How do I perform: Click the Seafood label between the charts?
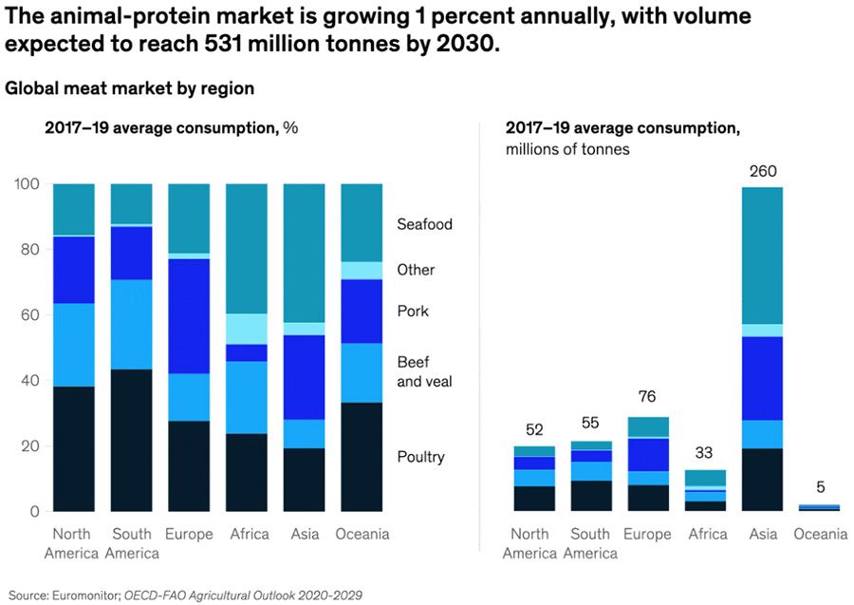click(x=424, y=225)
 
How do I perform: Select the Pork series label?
click(x=413, y=312)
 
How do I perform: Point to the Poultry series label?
click(x=420, y=458)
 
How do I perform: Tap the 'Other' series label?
click(x=416, y=270)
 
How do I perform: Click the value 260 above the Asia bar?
click(x=763, y=172)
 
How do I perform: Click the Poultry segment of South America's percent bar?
click(x=131, y=440)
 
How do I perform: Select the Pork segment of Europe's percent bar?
click(x=189, y=316)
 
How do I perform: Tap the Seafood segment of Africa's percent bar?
click(x=247, y=249)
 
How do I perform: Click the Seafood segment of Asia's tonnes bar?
click(x=763, y=256)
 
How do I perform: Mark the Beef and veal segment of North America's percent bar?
click(x=73, y=345)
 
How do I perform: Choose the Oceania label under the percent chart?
click(x=362, y=535)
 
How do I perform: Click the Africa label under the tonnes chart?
click(x=708, y=535)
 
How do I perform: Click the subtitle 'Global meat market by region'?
click(x=130, y=88)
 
